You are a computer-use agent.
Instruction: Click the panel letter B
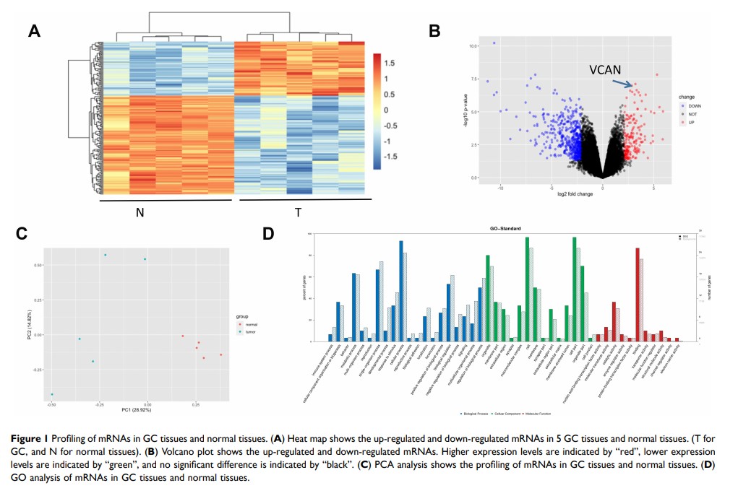434,30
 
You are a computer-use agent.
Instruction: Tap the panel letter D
269,234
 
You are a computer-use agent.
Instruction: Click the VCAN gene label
604,70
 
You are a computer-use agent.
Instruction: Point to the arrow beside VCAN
622,84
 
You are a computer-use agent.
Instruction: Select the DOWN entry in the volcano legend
692,106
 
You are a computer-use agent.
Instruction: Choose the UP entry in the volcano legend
690,123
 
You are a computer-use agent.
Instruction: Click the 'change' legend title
687,96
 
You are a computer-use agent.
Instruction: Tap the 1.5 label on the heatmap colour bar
390,63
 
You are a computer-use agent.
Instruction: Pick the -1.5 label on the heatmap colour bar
392,156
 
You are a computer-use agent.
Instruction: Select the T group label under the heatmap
298,213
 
